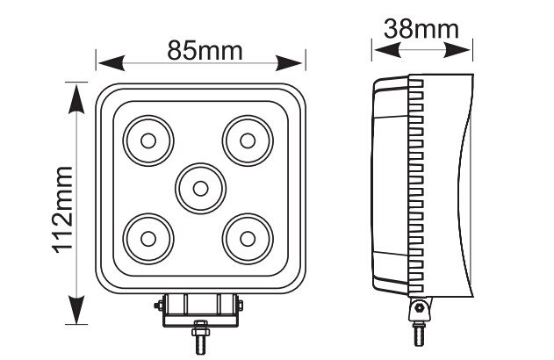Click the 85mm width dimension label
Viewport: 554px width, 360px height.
[204, 50]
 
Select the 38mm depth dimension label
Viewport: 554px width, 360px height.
[421, 28]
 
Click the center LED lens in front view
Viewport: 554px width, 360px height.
[199, 186]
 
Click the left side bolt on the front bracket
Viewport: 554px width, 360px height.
[157, 306]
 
